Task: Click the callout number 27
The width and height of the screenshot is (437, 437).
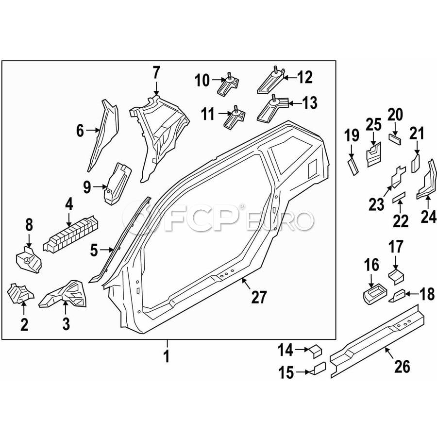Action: point(259,296)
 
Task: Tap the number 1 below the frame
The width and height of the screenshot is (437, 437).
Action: point(167,357)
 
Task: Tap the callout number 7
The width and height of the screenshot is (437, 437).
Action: point(156,73)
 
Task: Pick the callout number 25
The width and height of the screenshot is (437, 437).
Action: point(373,125)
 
